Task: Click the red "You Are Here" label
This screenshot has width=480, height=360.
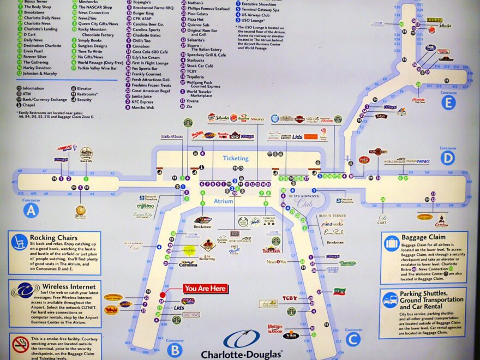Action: (x=205, y=289)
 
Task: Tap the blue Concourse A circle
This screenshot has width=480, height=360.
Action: (x=31, y=210)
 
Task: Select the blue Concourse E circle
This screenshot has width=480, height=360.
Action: (x=448, y=103)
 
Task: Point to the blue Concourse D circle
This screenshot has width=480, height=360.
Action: (x=447, y=158)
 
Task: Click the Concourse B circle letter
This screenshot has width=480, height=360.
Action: (x=174, y=350)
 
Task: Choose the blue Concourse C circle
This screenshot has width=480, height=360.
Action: (x=353, y=339)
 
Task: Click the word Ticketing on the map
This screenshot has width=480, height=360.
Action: (x=236, y=158)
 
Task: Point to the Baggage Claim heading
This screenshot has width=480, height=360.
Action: (x=424, y=238)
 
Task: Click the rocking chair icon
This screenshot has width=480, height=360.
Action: (x=19, y=242)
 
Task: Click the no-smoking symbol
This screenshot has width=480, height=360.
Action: (x=21, y=345)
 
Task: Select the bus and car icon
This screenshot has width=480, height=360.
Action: (x=389, y=300)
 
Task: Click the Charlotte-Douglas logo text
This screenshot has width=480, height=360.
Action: (x=241, y=354)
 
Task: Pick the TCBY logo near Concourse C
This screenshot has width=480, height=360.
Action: (x=290, y=298)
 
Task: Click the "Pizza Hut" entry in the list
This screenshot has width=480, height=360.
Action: (x=195, y=19)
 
